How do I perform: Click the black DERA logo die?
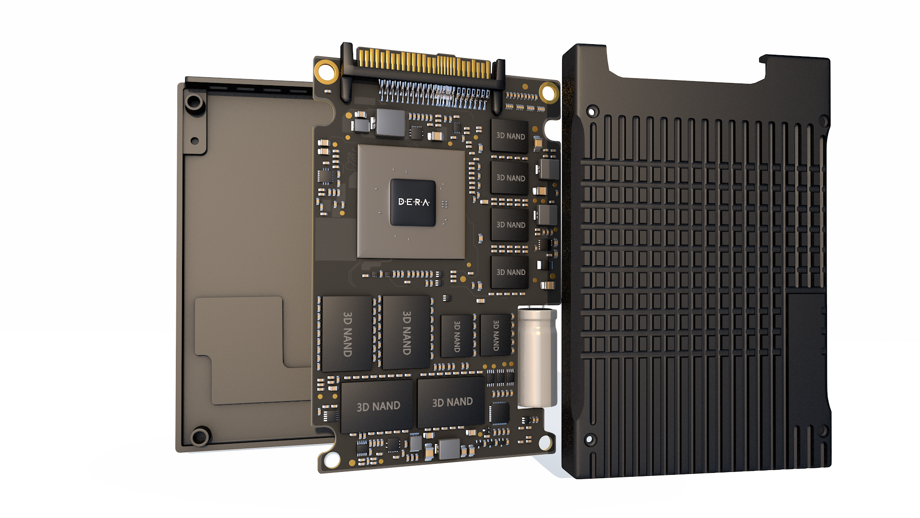pos(413,202)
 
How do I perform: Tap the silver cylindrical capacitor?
pos(537,357)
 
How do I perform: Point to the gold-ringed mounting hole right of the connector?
pos(549,92)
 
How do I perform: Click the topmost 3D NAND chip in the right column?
pos(510,136)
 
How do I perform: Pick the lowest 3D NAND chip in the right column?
pos(510,272)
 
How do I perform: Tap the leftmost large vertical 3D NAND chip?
pos(347,334)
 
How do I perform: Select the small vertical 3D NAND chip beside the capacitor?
pos(496,335)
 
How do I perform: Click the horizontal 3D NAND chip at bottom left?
pos(377,406)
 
